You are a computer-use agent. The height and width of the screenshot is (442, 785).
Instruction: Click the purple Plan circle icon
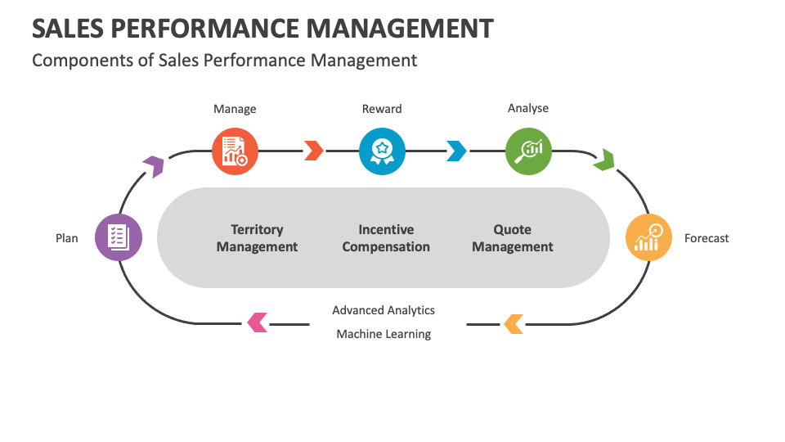coord(119,237)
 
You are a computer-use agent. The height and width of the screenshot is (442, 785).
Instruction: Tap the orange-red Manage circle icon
coord(235,151)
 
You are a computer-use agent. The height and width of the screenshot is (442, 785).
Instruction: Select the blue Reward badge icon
coord(382,151)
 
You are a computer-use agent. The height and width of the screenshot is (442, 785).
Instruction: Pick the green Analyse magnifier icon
coord(528,151)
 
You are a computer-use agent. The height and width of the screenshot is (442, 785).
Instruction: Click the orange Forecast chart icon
coord(649,237)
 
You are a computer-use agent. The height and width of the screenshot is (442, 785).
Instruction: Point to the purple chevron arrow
coord(153,166)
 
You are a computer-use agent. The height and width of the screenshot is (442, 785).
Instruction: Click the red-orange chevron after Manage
coord(313,151)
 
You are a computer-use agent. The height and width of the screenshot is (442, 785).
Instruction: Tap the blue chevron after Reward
coord(456,151)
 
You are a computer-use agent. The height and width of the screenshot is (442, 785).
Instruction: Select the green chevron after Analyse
coord(604,160)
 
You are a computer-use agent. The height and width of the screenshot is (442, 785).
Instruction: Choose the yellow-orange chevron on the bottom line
coord(514,323)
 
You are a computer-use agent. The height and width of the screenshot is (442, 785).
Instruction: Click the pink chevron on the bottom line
coord(258,322)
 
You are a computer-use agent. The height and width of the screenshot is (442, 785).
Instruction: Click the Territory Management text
coord(257,238)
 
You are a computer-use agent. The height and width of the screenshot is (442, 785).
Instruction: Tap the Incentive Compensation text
coord(386,238)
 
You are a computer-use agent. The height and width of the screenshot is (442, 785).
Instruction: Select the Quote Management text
coord(513,238)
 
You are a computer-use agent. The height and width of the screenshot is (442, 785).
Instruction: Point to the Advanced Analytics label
coord(384,310)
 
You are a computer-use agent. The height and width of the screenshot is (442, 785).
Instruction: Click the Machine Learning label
coord(384,334)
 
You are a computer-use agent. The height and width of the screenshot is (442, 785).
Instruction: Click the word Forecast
coord(706,238)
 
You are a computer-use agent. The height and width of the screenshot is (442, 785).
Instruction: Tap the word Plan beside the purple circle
coord(67,238)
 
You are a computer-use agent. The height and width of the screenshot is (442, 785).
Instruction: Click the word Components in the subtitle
coord(74,60)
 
